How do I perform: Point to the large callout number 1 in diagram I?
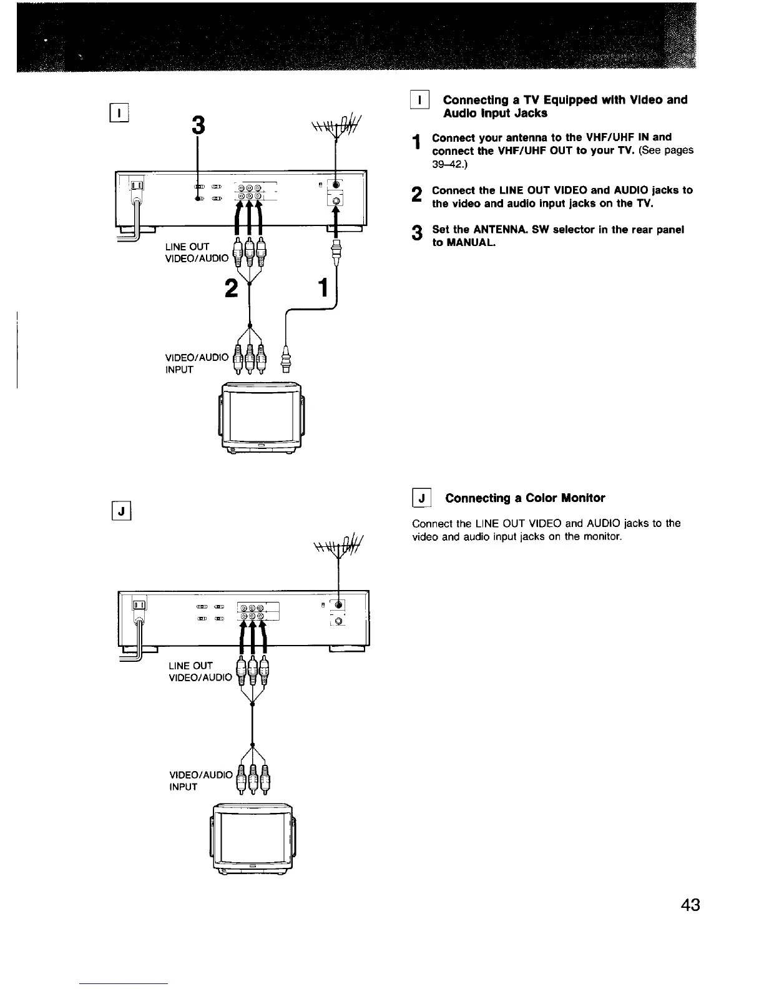(x=323, y=288)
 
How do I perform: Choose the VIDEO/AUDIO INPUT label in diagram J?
(x=199, y=780)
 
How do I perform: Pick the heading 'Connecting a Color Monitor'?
(x=525, y=498)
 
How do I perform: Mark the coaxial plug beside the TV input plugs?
(x=286, y=358)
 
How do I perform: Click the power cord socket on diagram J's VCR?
(x=139, y=606)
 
